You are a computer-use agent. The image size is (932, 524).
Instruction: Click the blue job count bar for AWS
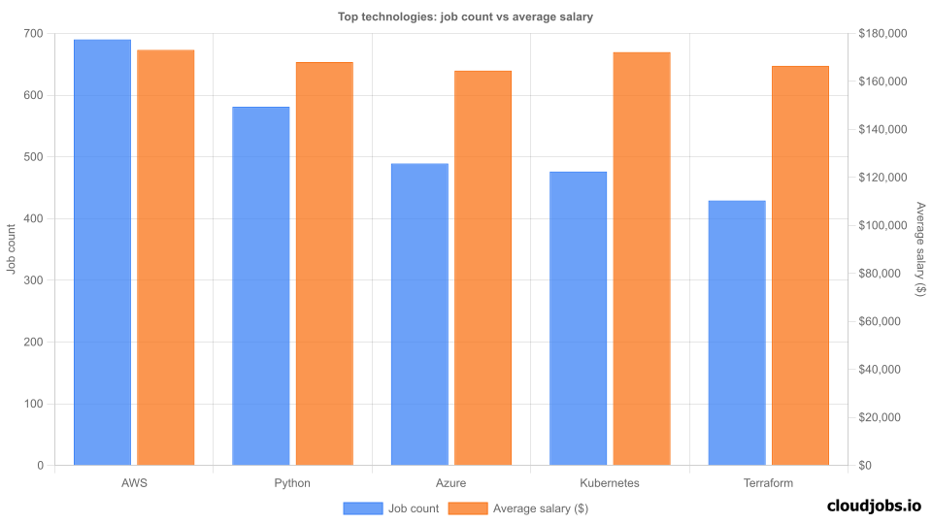coord(103,252)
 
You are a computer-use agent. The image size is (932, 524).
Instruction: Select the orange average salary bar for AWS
coord(166,257)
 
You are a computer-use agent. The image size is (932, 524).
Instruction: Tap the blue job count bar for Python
coord(261,286)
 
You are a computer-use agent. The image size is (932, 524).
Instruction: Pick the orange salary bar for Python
coord(324,264)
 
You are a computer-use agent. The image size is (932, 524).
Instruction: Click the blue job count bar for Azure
coord(419,314)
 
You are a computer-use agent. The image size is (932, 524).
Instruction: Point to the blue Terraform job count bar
coord(737,333)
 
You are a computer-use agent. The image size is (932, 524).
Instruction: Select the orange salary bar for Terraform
coord(800,266)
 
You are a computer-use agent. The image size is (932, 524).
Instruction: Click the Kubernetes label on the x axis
coord(610,483)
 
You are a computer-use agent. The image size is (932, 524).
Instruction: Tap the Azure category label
coord(451,483)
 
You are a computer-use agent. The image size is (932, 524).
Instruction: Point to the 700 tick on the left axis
coord(33,34)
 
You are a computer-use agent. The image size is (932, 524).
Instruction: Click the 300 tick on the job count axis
coord(33,280)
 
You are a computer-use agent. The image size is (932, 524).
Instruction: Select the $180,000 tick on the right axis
coord(882,34)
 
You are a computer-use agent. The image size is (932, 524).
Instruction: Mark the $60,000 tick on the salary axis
coord(882,321)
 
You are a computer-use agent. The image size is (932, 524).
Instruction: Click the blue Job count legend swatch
coord(362,508)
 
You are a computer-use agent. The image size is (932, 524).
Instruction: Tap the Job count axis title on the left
coord(12,248)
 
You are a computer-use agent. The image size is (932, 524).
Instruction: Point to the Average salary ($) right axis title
coord(920,248)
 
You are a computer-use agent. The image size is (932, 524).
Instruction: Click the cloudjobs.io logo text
coord(873,506)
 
